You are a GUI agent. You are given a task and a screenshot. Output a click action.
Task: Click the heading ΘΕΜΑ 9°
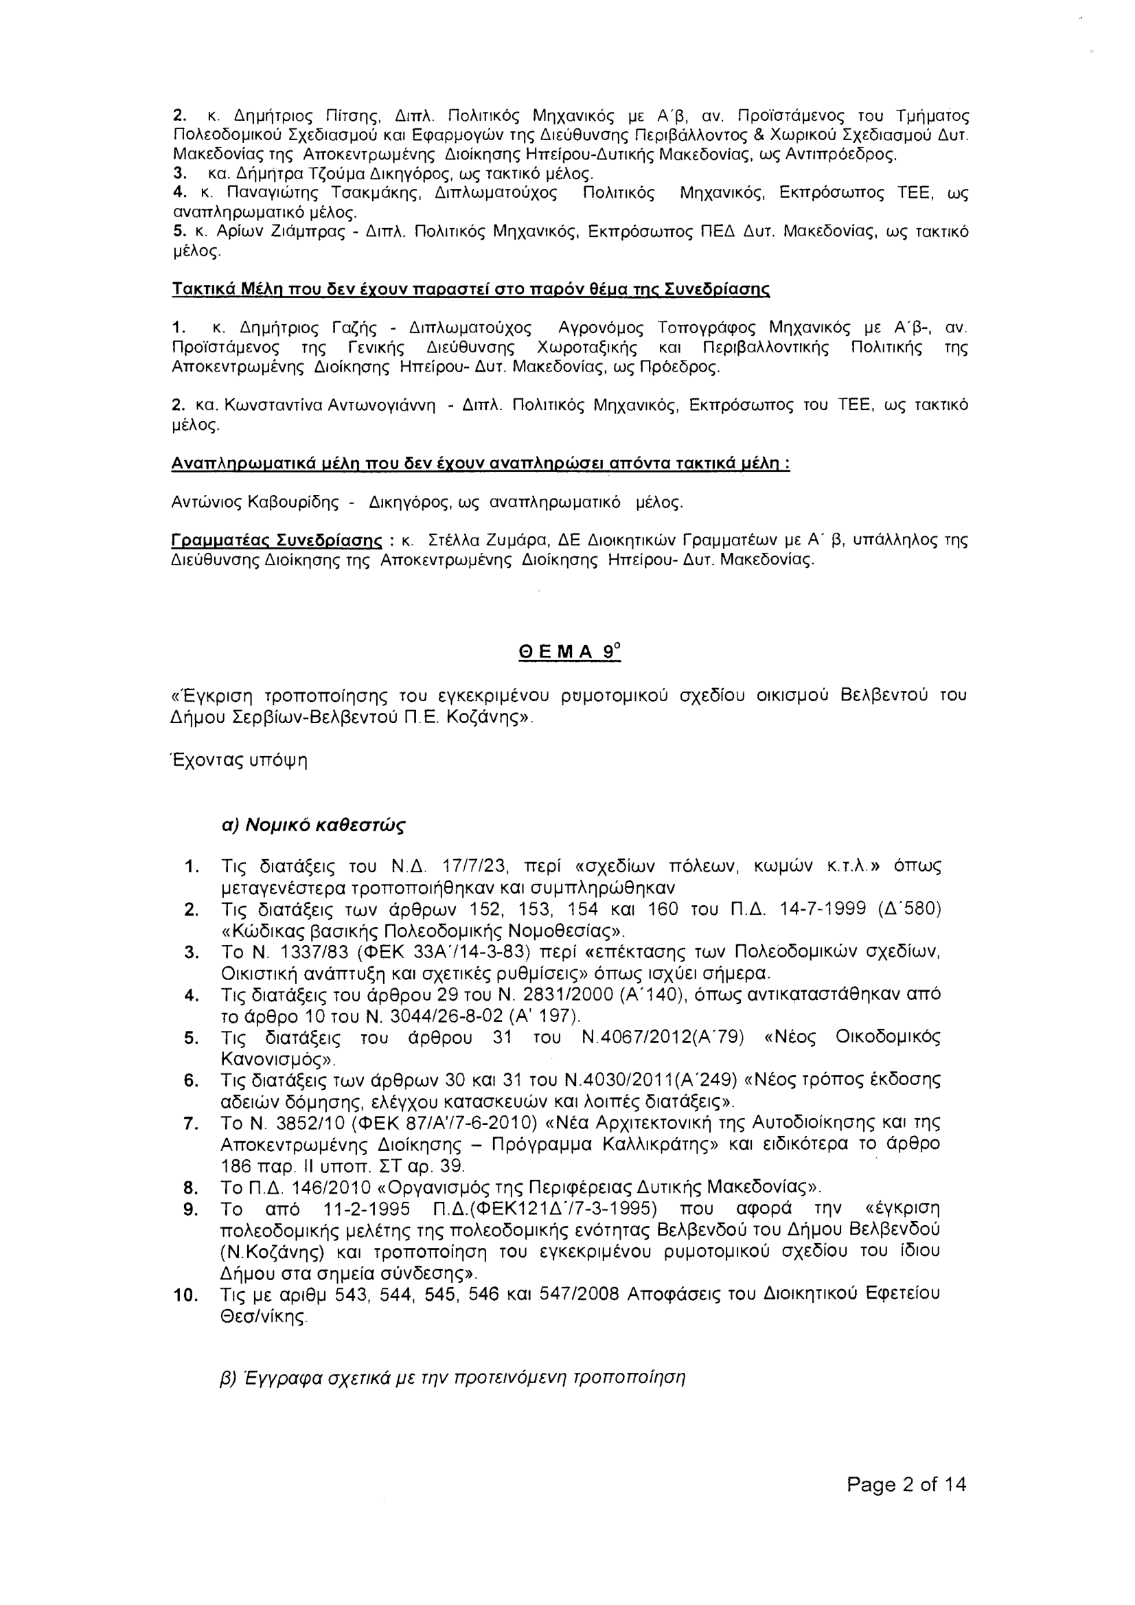(x=569, y=652)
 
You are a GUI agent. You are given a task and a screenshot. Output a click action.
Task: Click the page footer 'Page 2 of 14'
(x=906, y=1485)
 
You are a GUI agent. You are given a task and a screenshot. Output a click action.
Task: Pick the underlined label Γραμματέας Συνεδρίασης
(x=277, y=540)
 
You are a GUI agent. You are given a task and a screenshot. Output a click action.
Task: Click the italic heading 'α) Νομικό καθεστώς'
(x=313, y=826)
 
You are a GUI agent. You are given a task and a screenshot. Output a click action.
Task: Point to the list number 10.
(x=186, y=1295)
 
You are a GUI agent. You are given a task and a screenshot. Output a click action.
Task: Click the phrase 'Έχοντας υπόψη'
(x=240, y=760)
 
